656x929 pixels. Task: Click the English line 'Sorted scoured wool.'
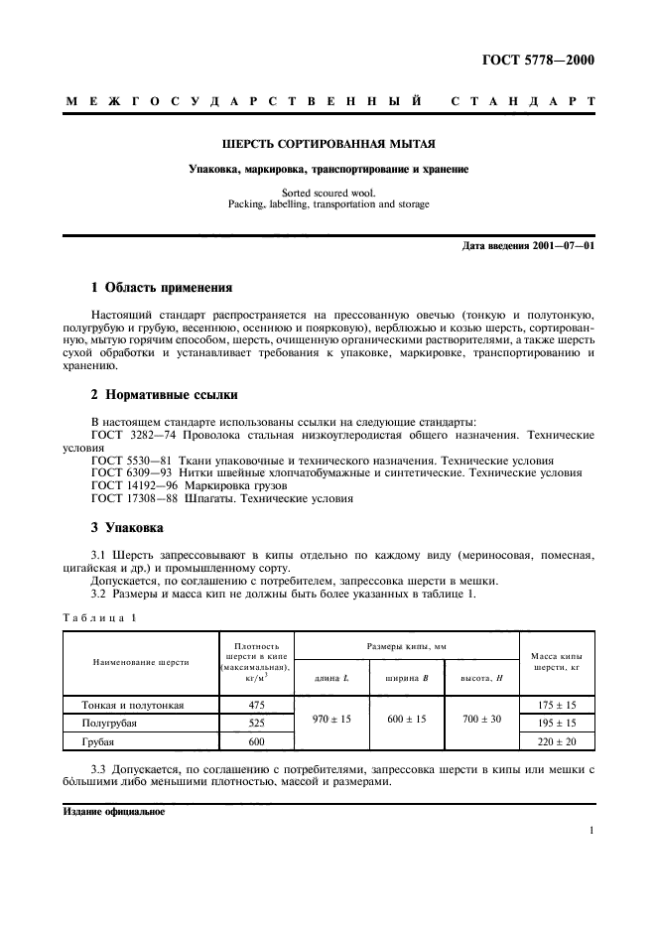click(x=328, y=194)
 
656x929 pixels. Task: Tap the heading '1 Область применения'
click(x=161, y=287)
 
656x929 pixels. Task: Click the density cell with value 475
click(x=255, y=705)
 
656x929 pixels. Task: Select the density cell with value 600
click(x=255, y=740)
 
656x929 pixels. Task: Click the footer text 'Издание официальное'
click(x=113, y=810)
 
